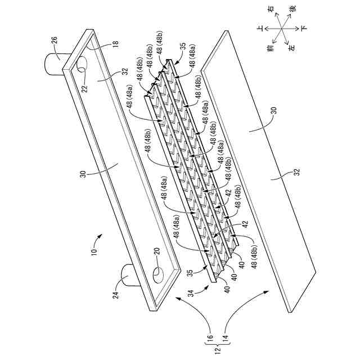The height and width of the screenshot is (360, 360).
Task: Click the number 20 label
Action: click(156, 251)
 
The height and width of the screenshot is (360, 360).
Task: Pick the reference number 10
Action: click(93, 251)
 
